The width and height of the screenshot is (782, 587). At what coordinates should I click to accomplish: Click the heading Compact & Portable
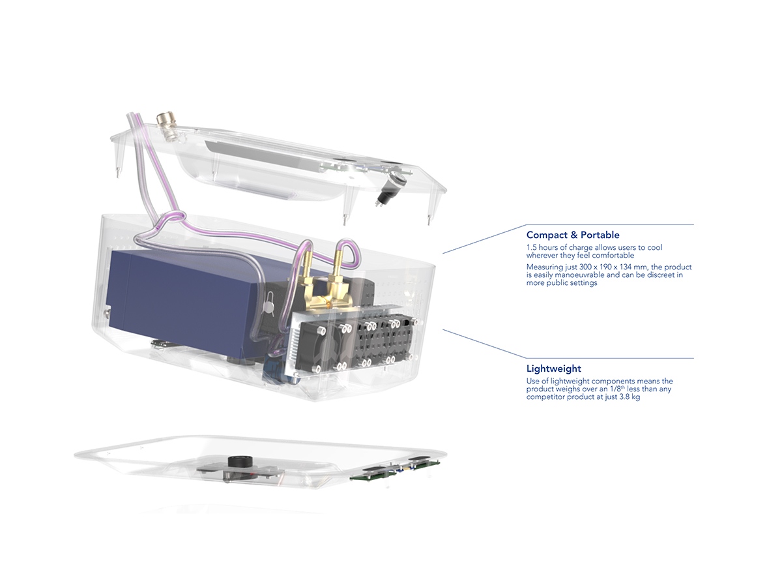pos(573,235)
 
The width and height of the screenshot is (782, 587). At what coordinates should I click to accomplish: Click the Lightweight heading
pos(553,369)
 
